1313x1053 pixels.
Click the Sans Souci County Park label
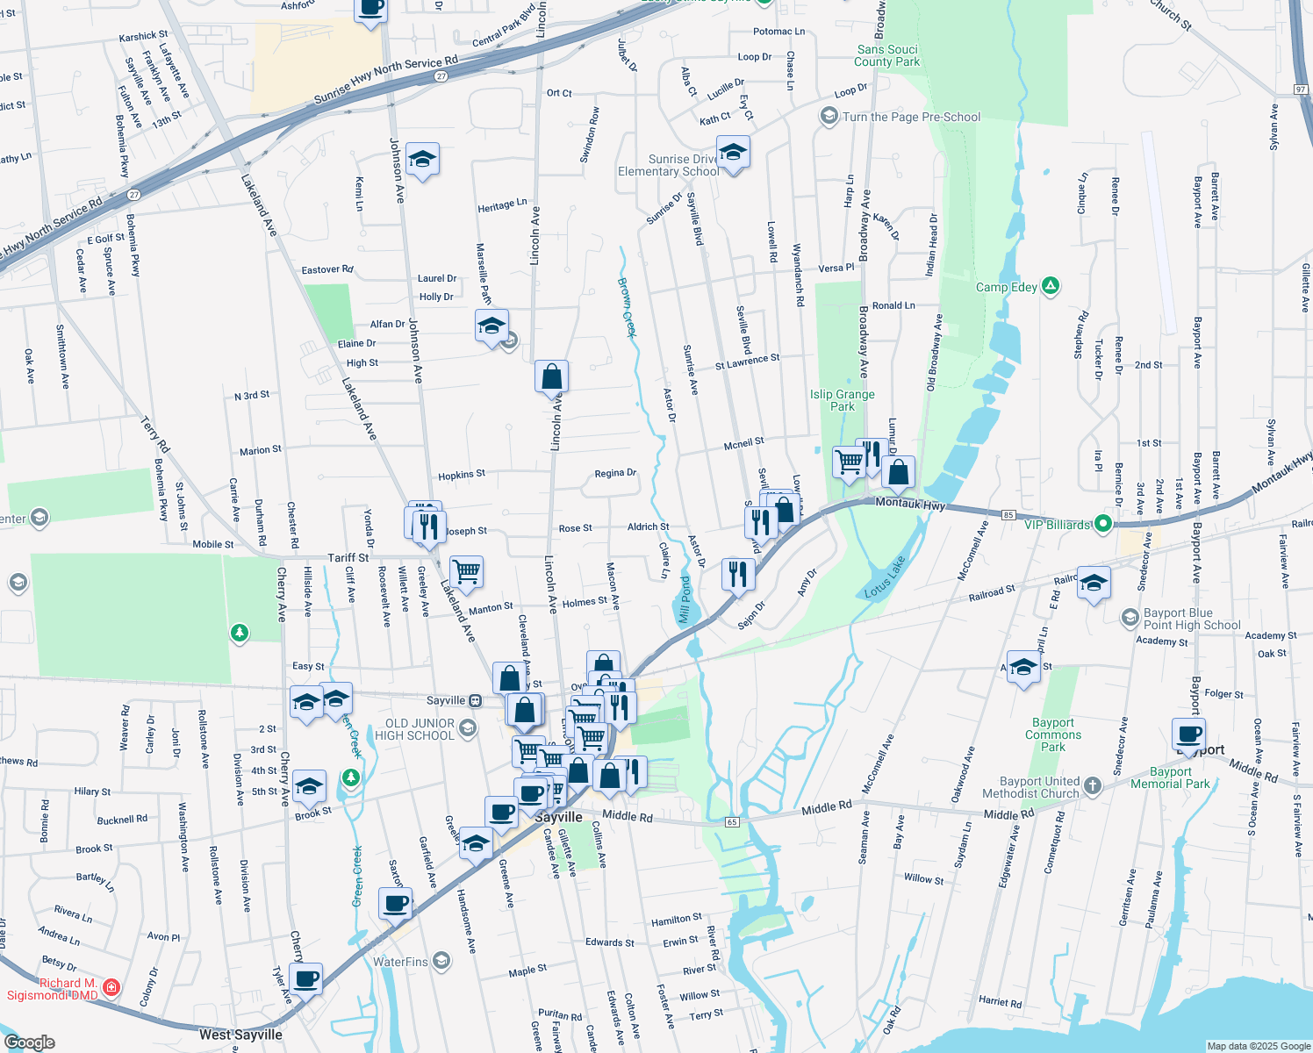886,55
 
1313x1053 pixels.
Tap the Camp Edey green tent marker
1051,286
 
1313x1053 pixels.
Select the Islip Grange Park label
842,400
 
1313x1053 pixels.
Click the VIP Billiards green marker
1103,524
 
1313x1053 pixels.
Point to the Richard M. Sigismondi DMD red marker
111,988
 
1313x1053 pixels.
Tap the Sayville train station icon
475,700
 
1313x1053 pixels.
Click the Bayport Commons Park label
1052,735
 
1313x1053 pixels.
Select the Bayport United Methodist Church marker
1092,785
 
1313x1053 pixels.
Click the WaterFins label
400,962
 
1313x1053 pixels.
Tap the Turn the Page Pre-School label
911,117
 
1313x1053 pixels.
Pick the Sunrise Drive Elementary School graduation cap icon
733,153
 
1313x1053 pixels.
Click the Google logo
29,1042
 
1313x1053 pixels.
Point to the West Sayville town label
240,1035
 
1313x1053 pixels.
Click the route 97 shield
1301,89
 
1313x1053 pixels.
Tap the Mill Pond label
685,600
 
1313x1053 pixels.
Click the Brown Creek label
626,307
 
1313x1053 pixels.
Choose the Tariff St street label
348,557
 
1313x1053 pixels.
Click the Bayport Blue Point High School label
1191,619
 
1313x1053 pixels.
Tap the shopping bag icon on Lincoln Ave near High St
551,376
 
